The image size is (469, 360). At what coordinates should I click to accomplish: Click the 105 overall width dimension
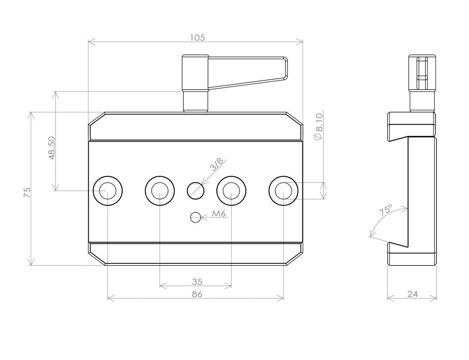197,37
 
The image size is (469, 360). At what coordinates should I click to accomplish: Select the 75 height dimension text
27,192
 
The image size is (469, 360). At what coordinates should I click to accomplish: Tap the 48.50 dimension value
52,148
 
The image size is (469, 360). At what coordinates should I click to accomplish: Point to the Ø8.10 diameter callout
318,126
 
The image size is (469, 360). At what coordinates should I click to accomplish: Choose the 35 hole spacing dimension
197,282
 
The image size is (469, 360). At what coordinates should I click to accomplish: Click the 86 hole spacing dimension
197,294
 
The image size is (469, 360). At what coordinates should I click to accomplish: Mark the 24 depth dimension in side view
412,294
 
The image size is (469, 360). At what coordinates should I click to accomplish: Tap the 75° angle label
386,211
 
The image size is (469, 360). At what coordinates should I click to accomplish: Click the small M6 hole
196,217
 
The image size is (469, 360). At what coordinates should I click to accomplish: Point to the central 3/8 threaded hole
196,190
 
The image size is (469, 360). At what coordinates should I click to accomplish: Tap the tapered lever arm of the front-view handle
248,72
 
